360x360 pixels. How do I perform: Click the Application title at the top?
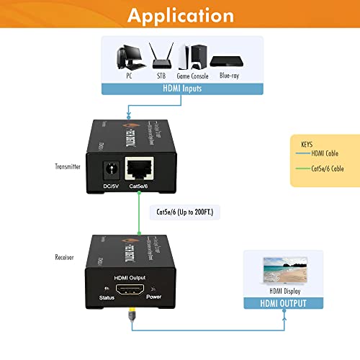[x=179, y=16]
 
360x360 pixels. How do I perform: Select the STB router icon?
[x=159, y=55]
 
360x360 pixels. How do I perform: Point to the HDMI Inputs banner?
[x=180, y=89]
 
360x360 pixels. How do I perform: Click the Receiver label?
[x=66, y=256]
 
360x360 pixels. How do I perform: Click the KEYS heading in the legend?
[x=307, y=143]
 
